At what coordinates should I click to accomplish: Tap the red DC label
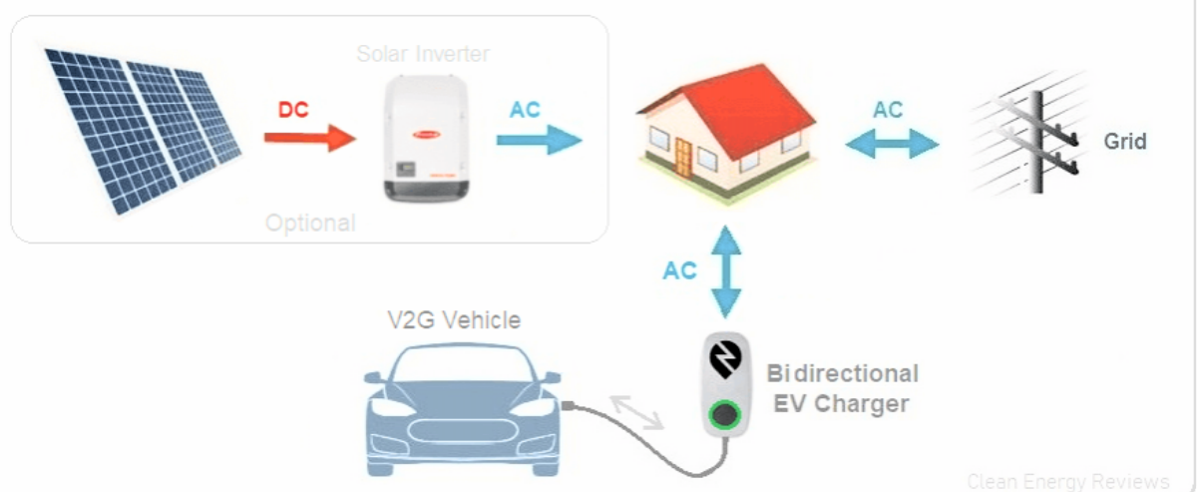[x=293, y=110]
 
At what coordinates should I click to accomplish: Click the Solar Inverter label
[x=423, y=53]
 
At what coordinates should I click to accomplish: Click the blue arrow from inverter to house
[x=539, y=138]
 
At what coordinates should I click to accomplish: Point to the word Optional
[x=310, y=222]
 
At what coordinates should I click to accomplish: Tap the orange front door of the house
[x=683, y=158]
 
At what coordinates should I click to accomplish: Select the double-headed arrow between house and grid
[x=892, y=145]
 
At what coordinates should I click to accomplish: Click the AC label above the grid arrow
[x=888, y=110]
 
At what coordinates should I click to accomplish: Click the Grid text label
[x=1124, y=142]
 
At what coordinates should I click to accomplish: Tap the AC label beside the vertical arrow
[x=679, y=270]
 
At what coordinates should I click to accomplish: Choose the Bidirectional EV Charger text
[x=842, y=388]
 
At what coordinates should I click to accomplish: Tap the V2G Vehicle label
[x=454, y=320]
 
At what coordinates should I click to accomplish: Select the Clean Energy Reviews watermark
[x=1067, y=481]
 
